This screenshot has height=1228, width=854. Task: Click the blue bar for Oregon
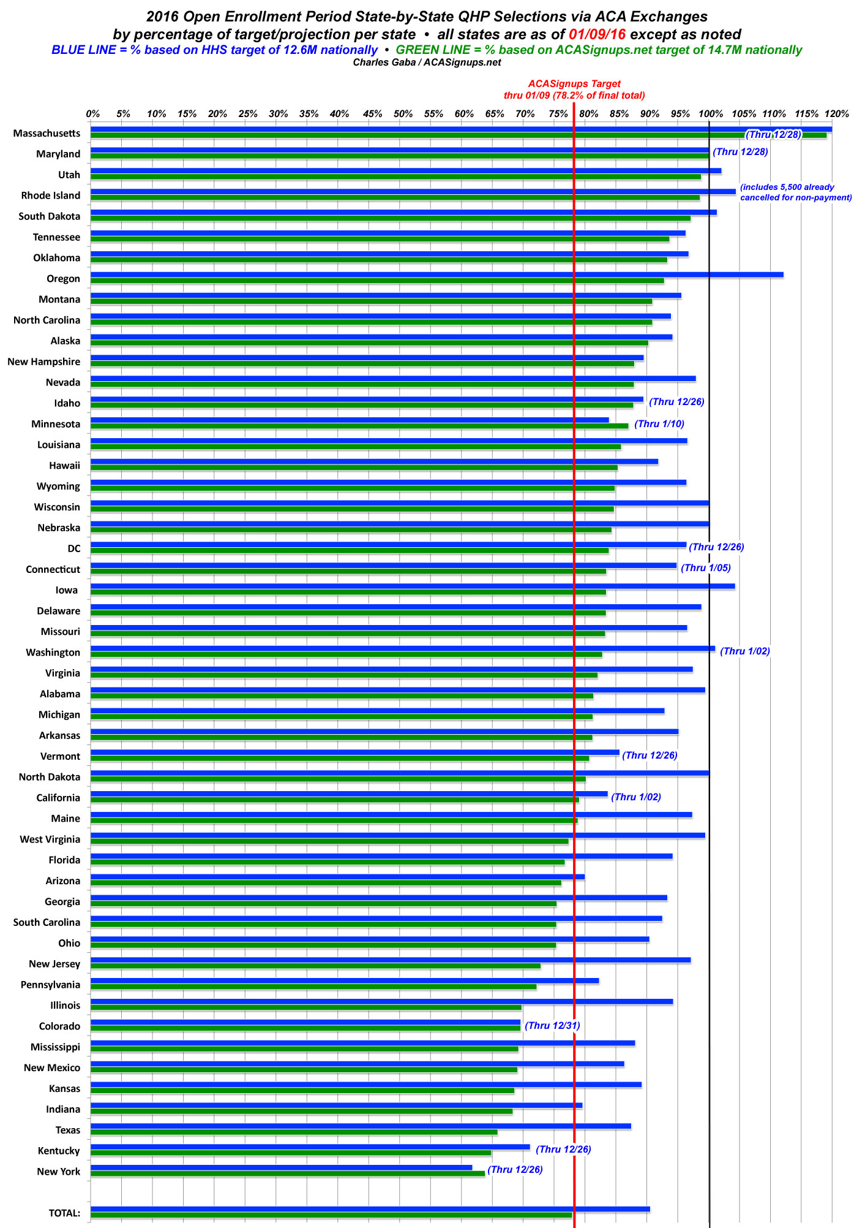click(436, 275)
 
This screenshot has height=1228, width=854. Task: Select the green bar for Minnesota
click(359, 426)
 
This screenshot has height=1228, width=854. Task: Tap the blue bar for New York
click(281, 1167)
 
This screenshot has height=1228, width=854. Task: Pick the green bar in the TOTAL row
click(331, 1215)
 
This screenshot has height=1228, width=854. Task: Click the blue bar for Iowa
click(412, 586)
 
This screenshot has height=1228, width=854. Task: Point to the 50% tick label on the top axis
click(402, 114)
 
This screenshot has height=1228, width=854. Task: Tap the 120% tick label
click(836, 114)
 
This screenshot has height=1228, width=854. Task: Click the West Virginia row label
click(50, 840)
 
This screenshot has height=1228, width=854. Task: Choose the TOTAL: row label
click(64, 1213)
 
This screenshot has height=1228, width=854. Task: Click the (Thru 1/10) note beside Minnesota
click(659, 423)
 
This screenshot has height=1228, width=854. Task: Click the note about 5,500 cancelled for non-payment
click(795, 192)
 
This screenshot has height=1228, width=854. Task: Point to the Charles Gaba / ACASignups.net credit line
click(427, 62)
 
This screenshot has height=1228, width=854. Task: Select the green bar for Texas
click(294, 1132)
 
